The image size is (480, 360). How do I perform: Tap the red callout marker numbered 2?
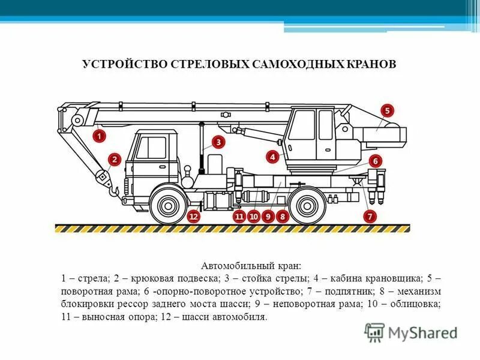tap(115, 160)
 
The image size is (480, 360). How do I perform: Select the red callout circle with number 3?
tap(218, 142)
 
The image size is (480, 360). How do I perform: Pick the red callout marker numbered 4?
tap(273, 157)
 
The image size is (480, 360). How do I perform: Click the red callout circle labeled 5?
tap(387, 111)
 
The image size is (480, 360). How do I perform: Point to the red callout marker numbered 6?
tap(375, 161)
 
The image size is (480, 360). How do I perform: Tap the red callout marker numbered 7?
tap(370, 215)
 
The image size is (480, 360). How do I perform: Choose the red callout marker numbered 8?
tap(281, 216)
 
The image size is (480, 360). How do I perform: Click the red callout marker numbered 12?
tap(193, 216)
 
